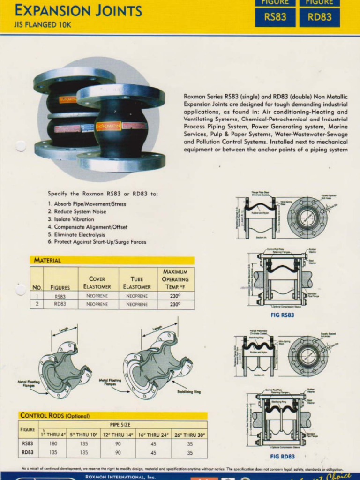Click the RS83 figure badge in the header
pos(275,17)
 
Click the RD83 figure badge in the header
pos(320,17)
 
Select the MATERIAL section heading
pos(47,260)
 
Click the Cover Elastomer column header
pos(97,283)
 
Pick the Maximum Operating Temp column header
pos(175,279)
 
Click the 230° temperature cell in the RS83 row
pos(175,296)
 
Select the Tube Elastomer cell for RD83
pos(137,304)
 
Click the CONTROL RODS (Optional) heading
pos(55,415)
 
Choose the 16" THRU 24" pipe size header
pos(153,434)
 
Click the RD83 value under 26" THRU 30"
pos(189,452)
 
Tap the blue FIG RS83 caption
pos(282,315)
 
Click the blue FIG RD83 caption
pos(283,456)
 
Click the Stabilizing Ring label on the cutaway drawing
pos(189,392)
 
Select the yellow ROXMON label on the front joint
pos(108,126)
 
